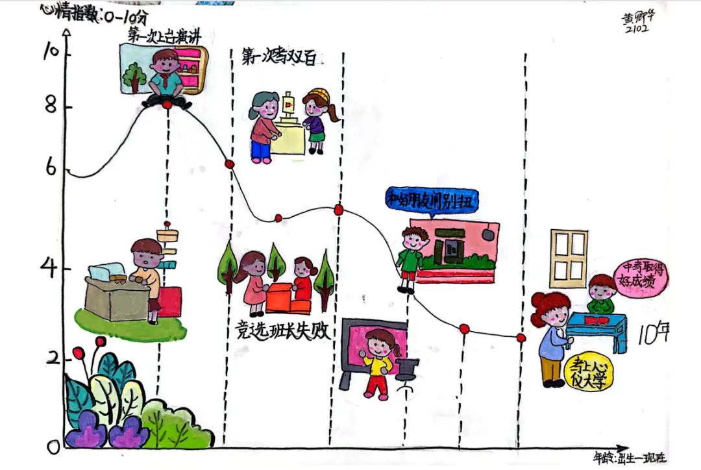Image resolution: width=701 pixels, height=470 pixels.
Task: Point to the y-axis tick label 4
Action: click(x=48, y=269)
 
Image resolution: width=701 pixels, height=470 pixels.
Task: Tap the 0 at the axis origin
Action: click(x=53, y=447)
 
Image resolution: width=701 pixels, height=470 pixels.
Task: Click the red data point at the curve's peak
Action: click(x=167, y=105)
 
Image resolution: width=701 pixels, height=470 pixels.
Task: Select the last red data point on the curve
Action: click(x=521, y=338)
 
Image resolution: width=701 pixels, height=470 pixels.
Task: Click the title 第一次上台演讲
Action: click(x=164, y=36)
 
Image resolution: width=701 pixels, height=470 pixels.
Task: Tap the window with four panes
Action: click(x=569, y=258)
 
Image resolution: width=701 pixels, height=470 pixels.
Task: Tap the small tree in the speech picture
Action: click(x=135, y=77)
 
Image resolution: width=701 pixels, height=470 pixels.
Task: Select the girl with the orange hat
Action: click(x=316, y=120)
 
